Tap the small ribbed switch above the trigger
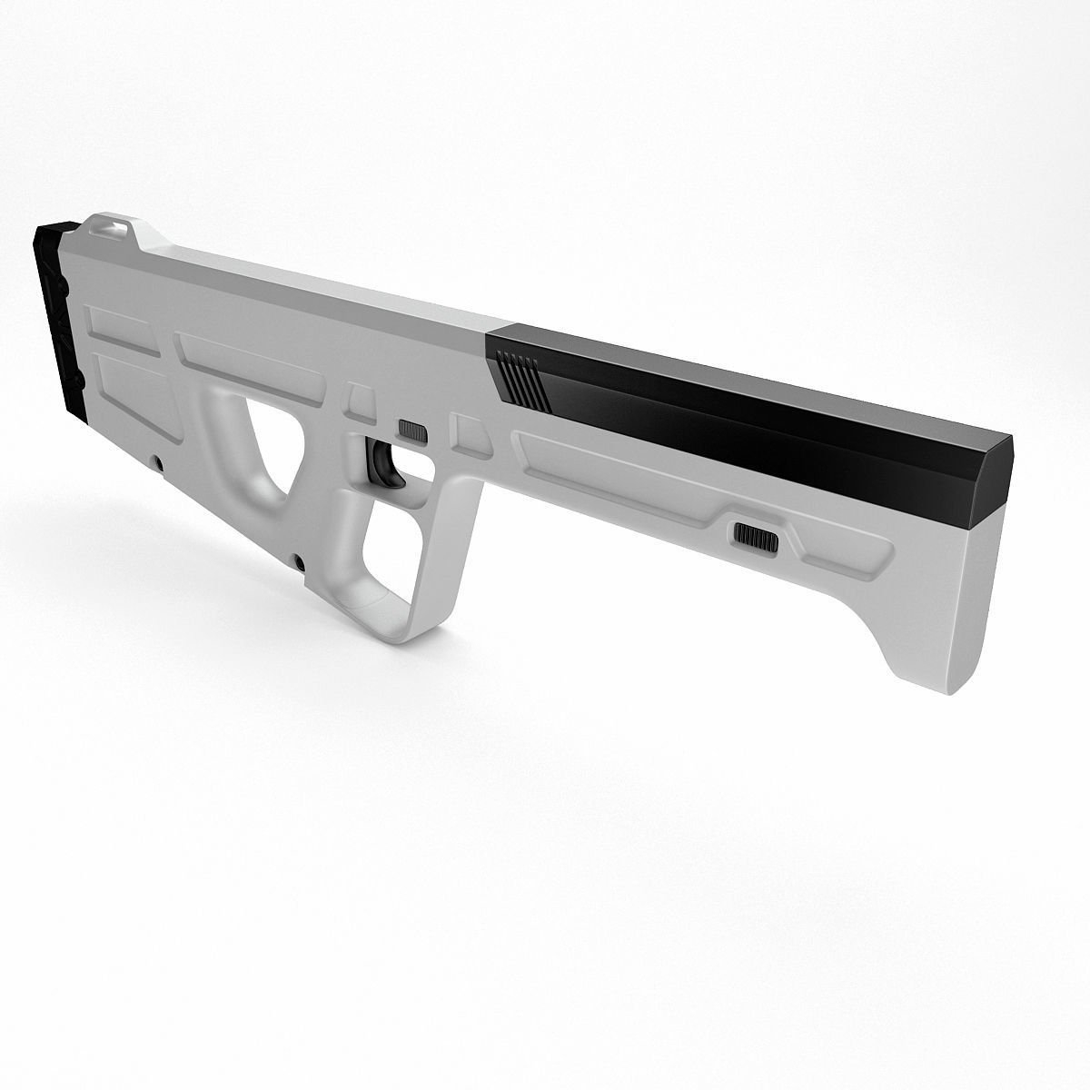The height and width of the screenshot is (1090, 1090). click(412, 431)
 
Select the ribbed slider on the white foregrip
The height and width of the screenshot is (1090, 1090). click(756, 536)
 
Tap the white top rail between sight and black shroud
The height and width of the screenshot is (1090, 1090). click(318, 277)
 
